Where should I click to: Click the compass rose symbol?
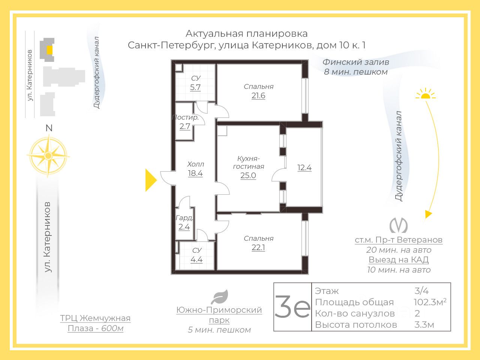pos(48,156)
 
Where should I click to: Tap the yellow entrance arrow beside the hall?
pos(151,180)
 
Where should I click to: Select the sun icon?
pos(426,94)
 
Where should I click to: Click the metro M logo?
pos(399,225)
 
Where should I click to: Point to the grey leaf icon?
pos(220,297)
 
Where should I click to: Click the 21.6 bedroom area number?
pos(258,96)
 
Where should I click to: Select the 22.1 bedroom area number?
pos(258,247)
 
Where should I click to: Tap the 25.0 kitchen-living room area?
pos(248,175)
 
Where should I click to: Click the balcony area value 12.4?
pos(304,168)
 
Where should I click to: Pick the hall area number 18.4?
pos(195,173)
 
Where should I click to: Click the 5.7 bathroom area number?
pos(195,87)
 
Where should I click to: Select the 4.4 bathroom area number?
pos(196,259)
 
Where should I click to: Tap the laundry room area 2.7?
pos(185,126)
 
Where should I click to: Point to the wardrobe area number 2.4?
pos(184,227)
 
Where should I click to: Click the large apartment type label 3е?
pos(292,306)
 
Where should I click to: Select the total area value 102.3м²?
pos(430,302)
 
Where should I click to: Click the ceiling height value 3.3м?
pos(424,325)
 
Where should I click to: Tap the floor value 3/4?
pos(421,291)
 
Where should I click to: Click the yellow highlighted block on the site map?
pos(50,50)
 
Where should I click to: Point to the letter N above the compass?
pos(49,128)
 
